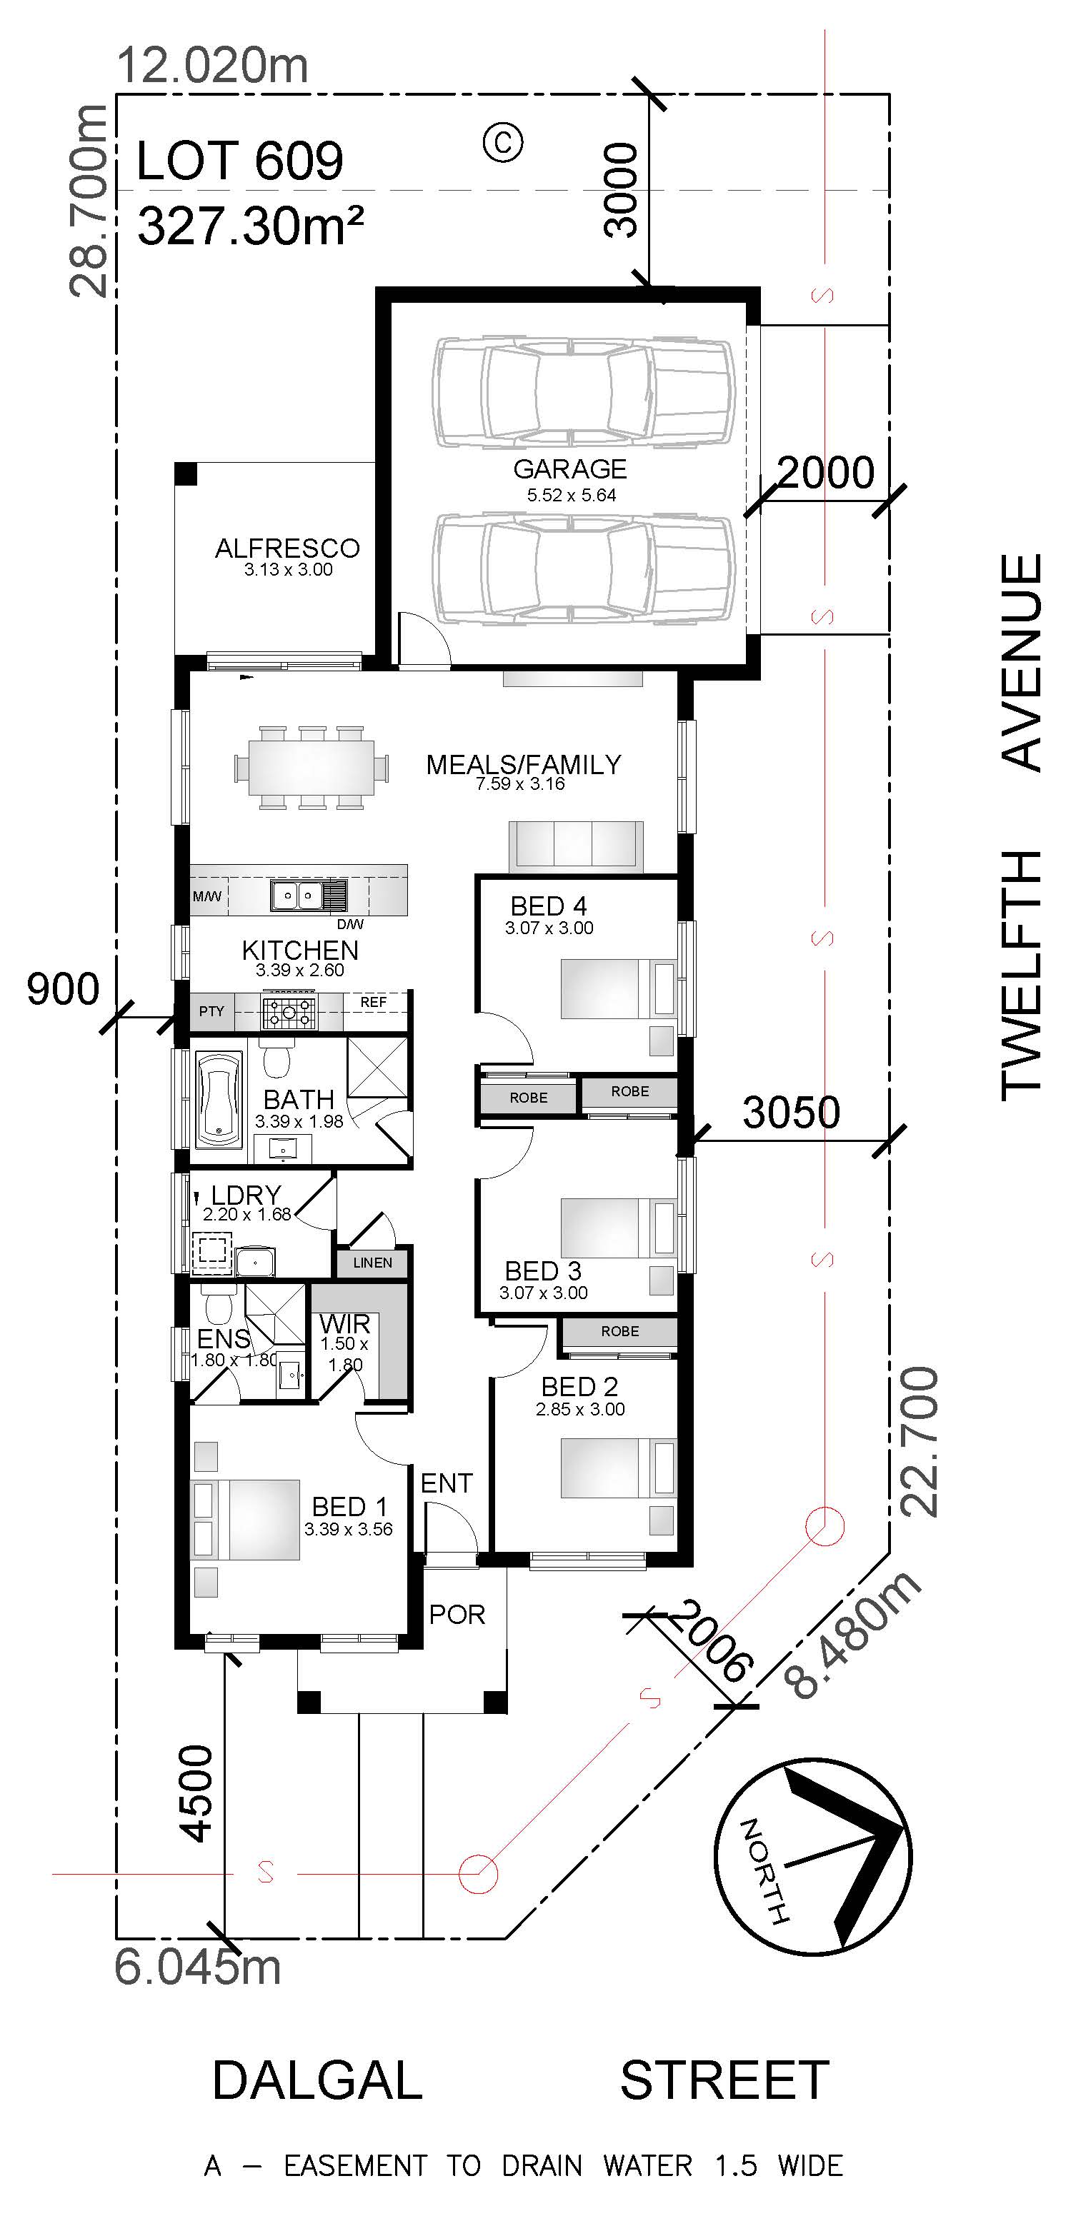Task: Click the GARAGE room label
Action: pos(569,469)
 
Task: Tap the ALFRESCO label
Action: pos(287,548)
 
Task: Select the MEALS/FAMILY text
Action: pos(524,765)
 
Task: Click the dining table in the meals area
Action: pos(311,766)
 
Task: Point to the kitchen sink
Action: pos(309,896)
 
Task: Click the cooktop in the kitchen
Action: pos(289,1011)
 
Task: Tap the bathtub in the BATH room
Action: pos(219,1097)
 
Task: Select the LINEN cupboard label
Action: pos(373,1262)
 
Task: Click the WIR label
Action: pos(344,1323)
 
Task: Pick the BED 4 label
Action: pos(549,906)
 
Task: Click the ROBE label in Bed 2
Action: pos(620,1331)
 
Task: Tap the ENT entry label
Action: pos(447,1483)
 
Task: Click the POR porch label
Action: pos(457,1614)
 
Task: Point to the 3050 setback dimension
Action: pos(791,1112)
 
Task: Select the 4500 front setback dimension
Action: pos(195,1793)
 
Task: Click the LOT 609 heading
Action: pos(240,161)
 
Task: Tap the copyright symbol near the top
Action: pos(503,141)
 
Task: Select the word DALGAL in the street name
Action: pos(317,2080)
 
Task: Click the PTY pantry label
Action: pos(211,1011)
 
